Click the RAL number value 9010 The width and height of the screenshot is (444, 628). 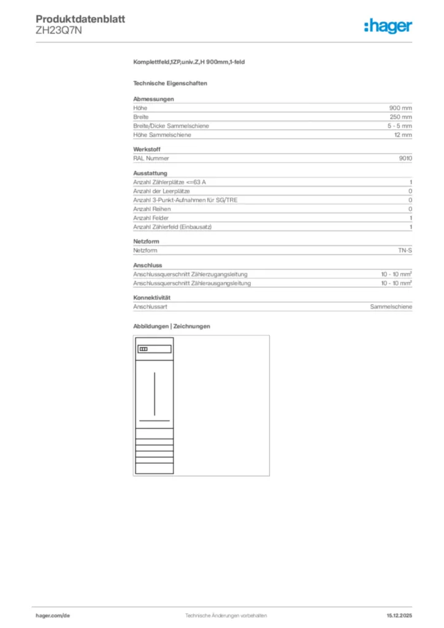(405, 158)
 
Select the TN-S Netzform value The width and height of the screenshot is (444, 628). (405, 251)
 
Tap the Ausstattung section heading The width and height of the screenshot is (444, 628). (150, 173)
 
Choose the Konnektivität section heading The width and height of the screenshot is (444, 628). (151, 297)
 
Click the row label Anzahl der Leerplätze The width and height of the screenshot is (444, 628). (161, 191)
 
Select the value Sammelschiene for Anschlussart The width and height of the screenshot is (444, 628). (391, 307)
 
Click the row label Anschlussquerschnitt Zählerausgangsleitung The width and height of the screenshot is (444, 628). (192, 283)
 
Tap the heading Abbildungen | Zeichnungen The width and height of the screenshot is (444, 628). (171, 326)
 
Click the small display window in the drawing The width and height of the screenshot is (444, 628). (143, 349)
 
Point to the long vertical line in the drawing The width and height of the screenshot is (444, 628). (154, 392)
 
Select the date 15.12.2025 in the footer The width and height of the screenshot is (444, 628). (399, 615)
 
